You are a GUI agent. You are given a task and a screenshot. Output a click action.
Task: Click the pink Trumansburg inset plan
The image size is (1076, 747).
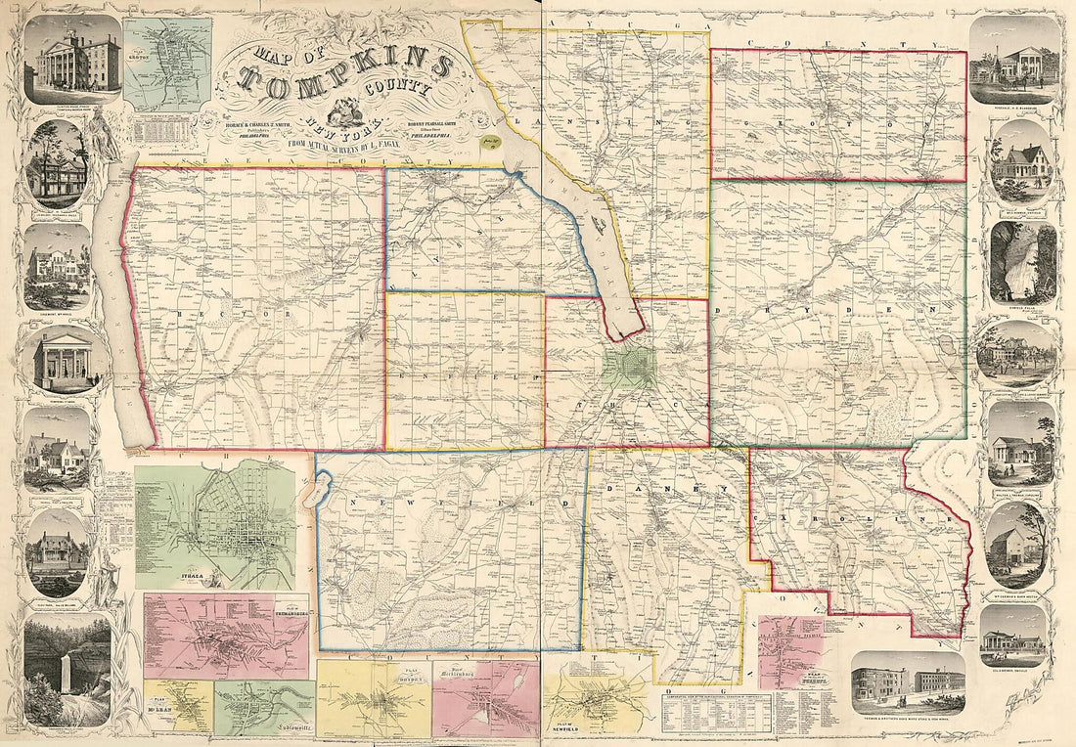(x=225, y=636)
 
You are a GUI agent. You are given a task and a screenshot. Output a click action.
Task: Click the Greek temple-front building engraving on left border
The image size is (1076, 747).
(x=63, y=360)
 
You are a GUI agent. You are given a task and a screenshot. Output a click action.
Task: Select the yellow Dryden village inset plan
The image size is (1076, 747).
(x=374, y=699)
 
